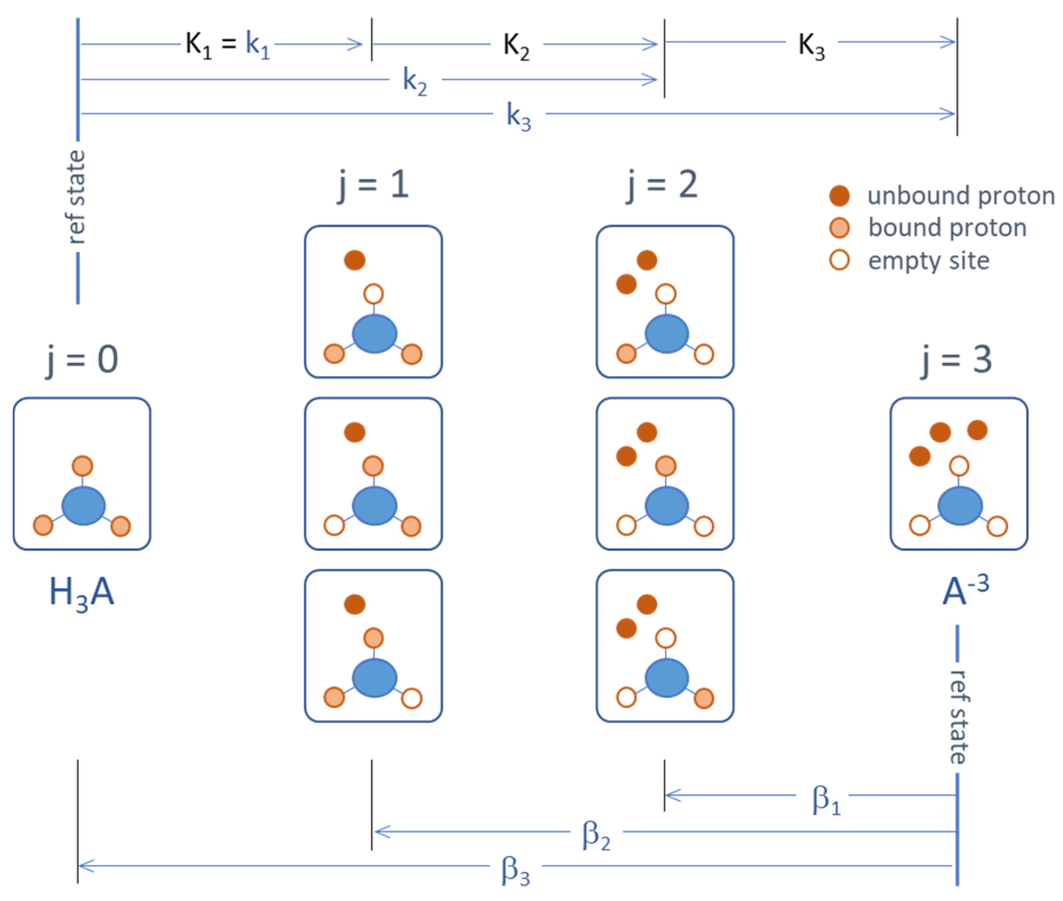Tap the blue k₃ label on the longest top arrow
pos(518,116)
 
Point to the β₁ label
pos(826,800)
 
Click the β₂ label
pos(595,836)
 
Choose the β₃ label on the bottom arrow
pos(515,871)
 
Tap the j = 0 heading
pos(82,359)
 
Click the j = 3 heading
pos(956,359)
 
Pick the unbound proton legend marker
pos(839,196)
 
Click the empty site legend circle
pos(839,260)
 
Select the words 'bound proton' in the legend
pos(947,228)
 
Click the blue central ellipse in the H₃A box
pos(83,506)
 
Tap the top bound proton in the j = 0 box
pos(82,466)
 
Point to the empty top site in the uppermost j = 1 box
pos(373,294)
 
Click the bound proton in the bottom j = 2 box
pos(703,698)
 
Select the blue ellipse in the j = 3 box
pos(960,506)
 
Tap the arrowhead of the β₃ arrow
pos(82,866)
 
